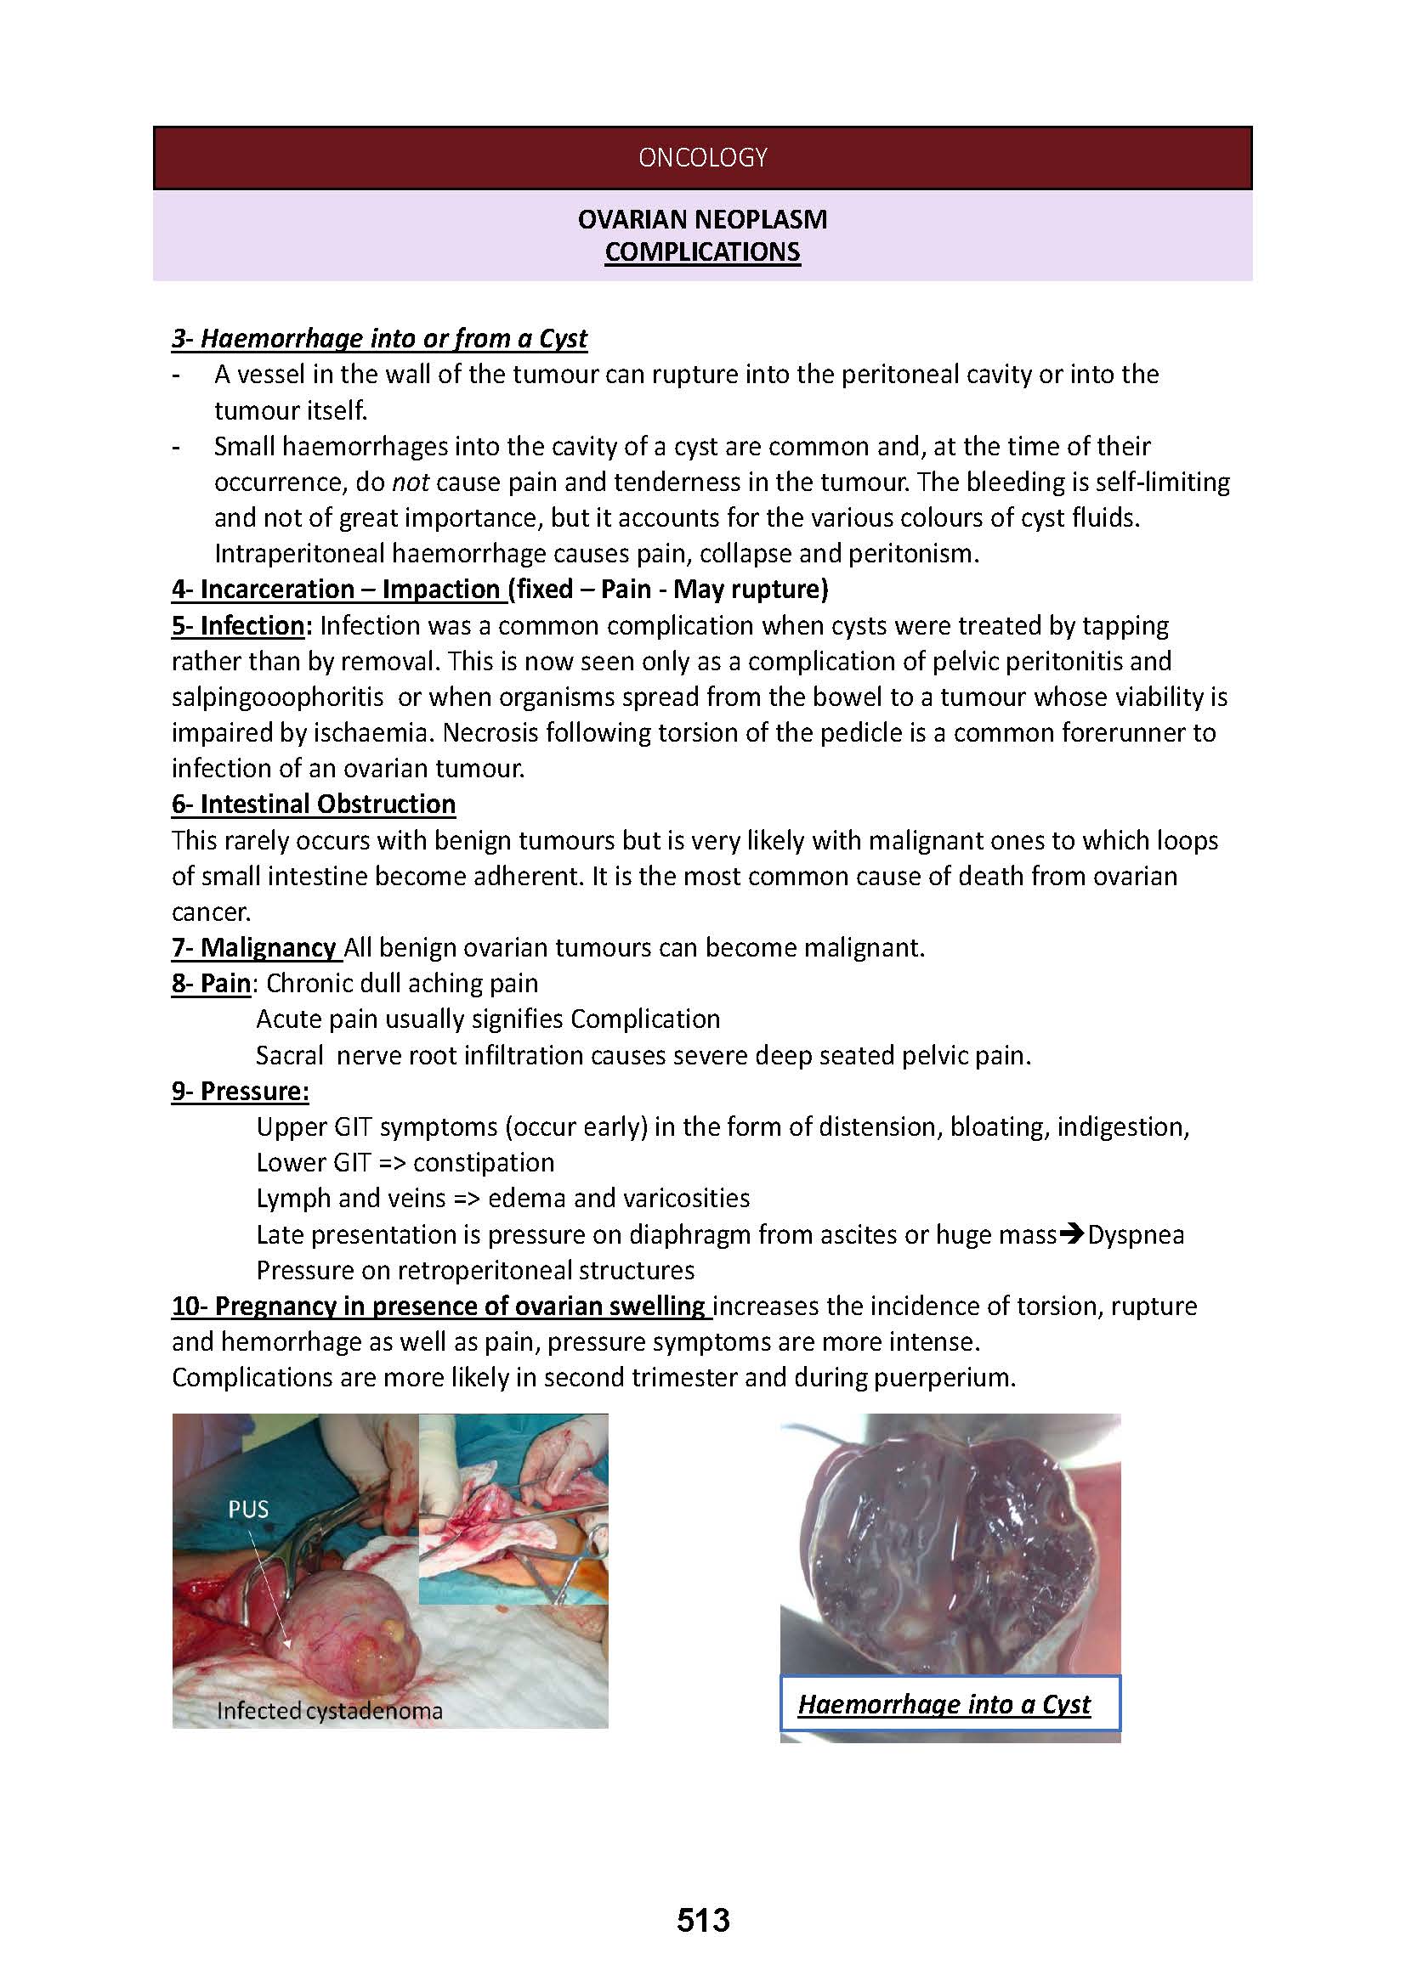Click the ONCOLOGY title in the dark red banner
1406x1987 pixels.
[702, 157]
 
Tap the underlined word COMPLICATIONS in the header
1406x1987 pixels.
[702, 251]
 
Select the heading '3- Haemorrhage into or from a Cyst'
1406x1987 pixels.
[379, 338]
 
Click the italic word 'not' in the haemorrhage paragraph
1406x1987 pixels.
[411, 482]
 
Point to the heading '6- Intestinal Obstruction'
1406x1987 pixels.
[314, 804]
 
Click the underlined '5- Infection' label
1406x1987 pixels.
[238, 625]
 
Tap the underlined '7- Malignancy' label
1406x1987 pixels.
[253, 948]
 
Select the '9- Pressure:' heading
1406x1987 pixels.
[240, 1092]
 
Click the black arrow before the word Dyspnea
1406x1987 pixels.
[1073, 1234]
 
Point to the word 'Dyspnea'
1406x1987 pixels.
[1136, 1235]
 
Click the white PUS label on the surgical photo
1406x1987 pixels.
[248, 1510]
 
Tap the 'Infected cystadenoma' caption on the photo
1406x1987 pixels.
[329, 1711]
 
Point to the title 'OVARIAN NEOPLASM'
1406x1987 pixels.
[702, 220]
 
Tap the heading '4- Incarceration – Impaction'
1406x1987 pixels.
[336, 590]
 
